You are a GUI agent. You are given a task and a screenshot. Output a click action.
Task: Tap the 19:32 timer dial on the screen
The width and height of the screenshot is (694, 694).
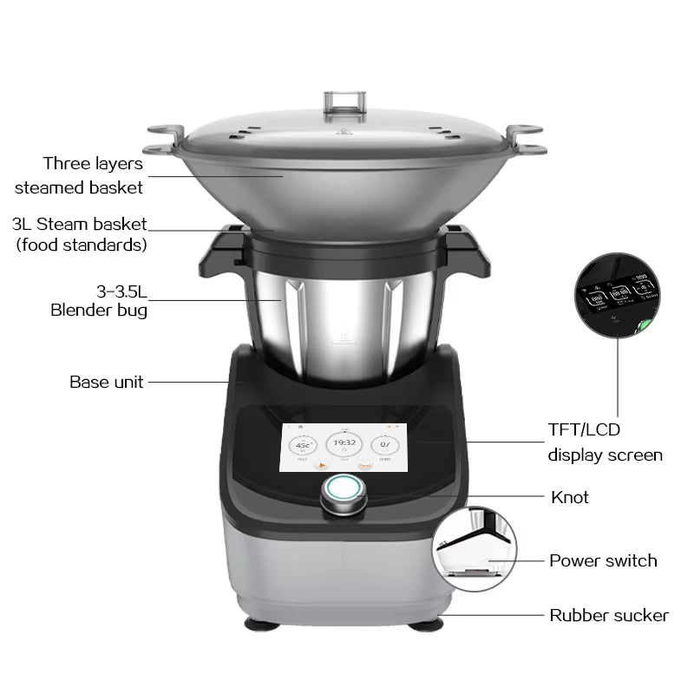[x=344, y=444]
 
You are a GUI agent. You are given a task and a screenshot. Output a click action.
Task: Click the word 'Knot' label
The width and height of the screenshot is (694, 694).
[x=570, y=497]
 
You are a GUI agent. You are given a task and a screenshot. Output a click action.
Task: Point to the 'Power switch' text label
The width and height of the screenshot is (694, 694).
[x=603, y=560]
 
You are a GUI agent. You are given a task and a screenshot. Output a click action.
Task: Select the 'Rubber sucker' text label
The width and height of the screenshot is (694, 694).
[x=609, y=615]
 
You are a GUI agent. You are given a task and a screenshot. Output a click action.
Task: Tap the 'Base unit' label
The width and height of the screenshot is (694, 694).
[x=107, y=382]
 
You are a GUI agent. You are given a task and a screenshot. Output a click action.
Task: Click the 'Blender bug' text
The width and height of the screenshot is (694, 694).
[x=98, y=310]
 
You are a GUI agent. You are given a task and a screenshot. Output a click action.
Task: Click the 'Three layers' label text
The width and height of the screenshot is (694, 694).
[x=93, y=163]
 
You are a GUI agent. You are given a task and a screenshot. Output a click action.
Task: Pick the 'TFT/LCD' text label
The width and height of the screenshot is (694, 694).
[x=584, y=429]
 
